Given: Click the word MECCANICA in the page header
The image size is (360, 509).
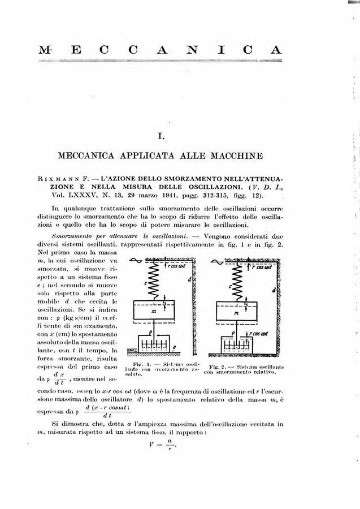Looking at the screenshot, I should point(180,49).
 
